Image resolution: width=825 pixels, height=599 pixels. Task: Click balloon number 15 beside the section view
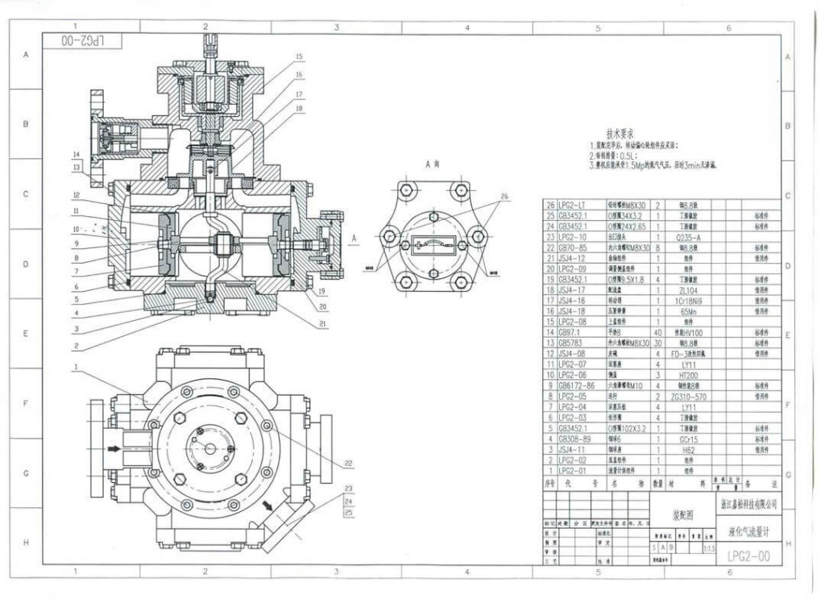pyautogui.click(x=299, y=57)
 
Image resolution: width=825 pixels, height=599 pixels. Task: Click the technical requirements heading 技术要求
pyautogui.click(x=624, y=132)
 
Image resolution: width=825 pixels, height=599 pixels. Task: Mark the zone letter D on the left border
pyautogui.click(x=25, y=264)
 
